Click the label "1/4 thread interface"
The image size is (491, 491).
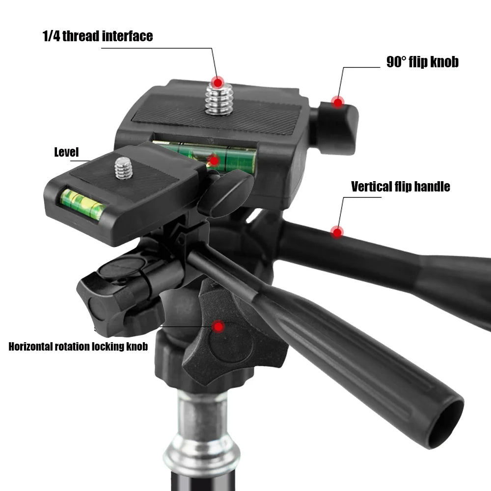coord(97,36)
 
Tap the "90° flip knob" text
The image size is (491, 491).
coord(422,62)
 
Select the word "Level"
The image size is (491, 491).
coord(66,152)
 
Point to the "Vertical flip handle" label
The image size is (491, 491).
coord(400,187)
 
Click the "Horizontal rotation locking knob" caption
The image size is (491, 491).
coord(78,347)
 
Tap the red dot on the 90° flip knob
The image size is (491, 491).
coord(337,102)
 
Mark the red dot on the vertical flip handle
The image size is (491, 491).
coord(336,232)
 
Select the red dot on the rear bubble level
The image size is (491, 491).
coord(213,160)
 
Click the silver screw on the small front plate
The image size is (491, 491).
coord(123,168)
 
